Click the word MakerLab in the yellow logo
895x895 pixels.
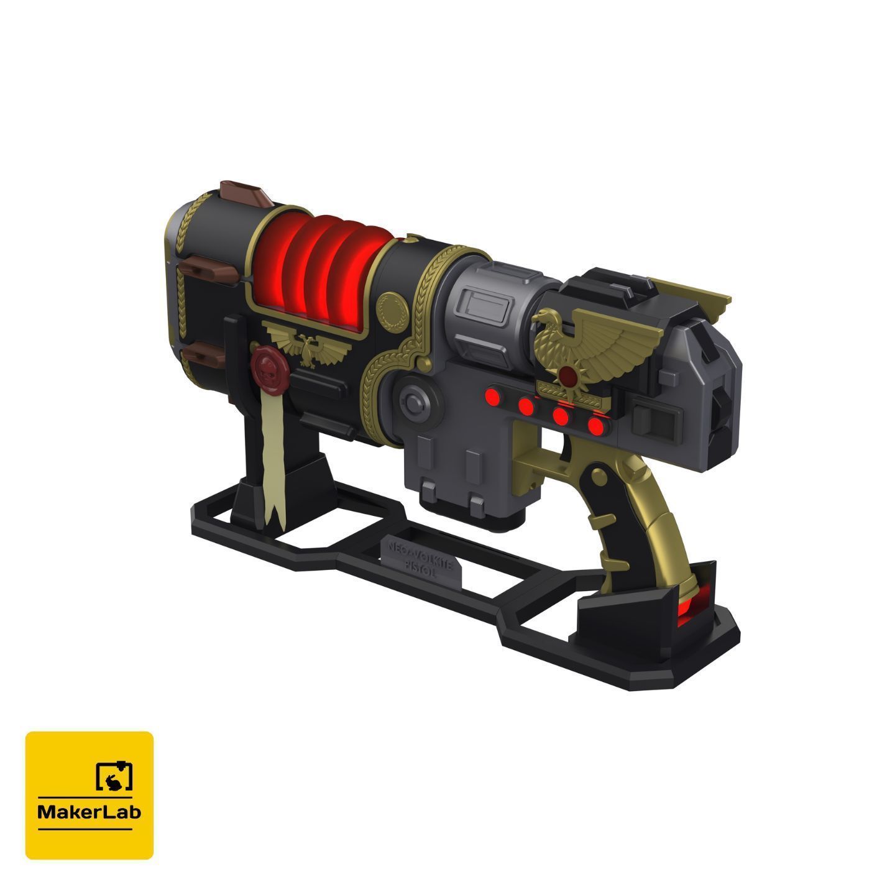89,812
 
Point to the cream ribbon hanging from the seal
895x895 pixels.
272,460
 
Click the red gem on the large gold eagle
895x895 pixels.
567,375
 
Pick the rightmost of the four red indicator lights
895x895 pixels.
597,426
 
